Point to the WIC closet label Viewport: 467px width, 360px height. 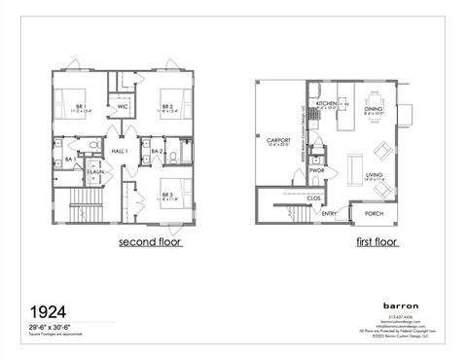click(x=124, y=107)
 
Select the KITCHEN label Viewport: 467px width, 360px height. click(x=326, y=102)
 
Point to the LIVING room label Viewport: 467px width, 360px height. click(x=375, y=175)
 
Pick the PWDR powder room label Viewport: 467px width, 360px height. click(x=316, y=171)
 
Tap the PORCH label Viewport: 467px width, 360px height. click(x=373, y=213)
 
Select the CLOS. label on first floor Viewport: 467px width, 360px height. click(x=314, y=197)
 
